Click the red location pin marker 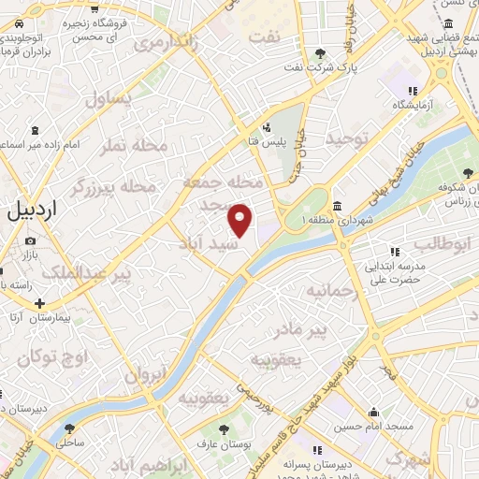(x=240, y=220)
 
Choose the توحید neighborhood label (x=348, y=140)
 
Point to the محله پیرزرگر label (x=110, y=187)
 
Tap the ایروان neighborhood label (x=146, y=374)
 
